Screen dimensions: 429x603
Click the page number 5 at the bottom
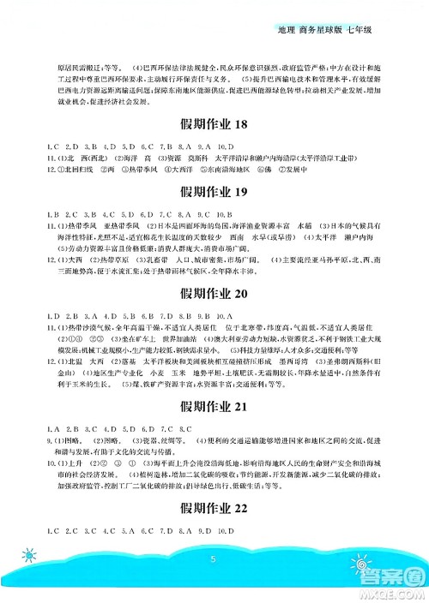pyautogui.click(x=210, y=582)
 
